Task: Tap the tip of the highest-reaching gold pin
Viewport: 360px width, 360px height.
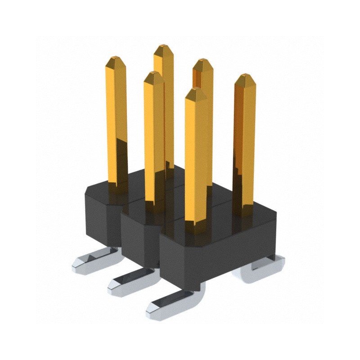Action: (163, 47)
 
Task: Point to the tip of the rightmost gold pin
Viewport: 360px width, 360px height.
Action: (245, 77)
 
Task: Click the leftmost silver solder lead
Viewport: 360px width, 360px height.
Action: (90, 261)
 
